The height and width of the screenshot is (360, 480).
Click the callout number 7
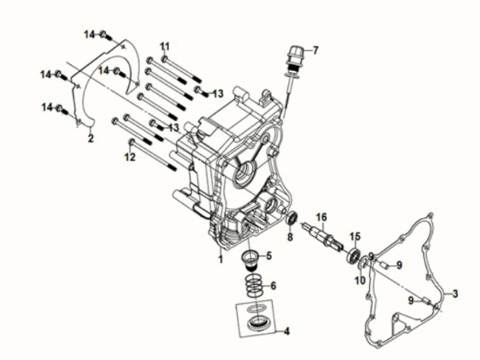pos(316,50)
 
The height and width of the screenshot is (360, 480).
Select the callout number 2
pos(91,138)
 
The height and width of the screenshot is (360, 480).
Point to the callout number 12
pos(130,157)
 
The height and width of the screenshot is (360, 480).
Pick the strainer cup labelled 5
pos(251,260)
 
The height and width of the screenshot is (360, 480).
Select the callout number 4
pos(287,331)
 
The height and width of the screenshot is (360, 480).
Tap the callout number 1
pos(220,260)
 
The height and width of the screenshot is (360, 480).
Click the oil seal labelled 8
pos(292,218)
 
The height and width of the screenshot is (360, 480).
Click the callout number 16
pos(321,217)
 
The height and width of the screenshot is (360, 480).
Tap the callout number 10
pos(360,280)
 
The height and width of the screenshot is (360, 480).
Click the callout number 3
pos(455,294)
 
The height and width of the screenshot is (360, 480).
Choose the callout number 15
pos(355,236)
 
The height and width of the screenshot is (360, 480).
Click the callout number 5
pos(269,256)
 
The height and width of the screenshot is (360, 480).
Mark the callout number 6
pos(273,286)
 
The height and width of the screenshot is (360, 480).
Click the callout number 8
pos(290,237)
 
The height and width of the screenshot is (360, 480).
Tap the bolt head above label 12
pos(132,142)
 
